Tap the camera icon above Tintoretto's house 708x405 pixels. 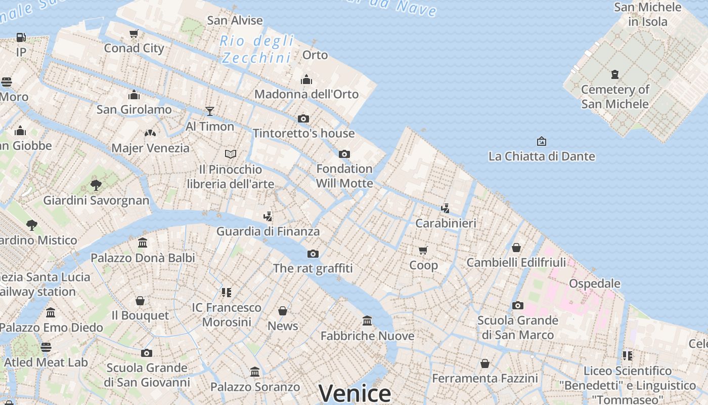[x=303, y=119]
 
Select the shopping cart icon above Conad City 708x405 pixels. [x=134, y=34]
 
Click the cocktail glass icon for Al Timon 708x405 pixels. [x=210, y=111]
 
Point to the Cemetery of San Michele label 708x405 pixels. [x=615, y=97]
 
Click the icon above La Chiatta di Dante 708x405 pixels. [x=542, y=141]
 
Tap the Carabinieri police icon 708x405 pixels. [x=445, y=208]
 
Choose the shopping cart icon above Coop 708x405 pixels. [x=423, y=250]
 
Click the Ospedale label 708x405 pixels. [x=595, y=283]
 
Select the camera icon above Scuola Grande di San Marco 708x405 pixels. [x=517, y=305]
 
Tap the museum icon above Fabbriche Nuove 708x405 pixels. [x=367, y=320]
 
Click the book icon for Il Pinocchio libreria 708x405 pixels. [x=231, y=154]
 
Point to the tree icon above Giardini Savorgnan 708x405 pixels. [x=96, y=185]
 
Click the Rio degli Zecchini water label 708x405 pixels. [x=257, y=49]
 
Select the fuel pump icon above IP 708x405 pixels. [x=21, y=37]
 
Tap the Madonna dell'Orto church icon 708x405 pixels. [x=306, y=79]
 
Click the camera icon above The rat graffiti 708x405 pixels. [x=313, y=254]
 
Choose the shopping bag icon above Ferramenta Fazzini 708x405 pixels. [x=484, y=363]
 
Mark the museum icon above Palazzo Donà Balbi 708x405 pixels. [x=143, y=243]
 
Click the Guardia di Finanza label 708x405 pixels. [x=268, y=231]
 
